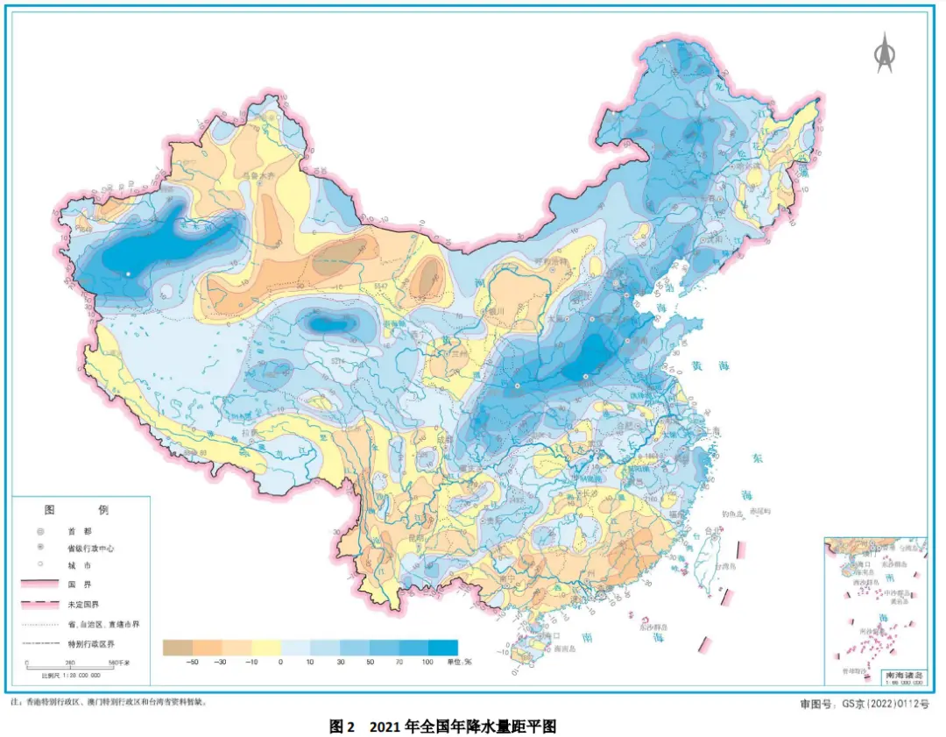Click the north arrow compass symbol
click(886, 53)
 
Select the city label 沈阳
click(717, 237)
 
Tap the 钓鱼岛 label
click(732, 514)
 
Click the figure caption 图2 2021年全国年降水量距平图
click(443, 726)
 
